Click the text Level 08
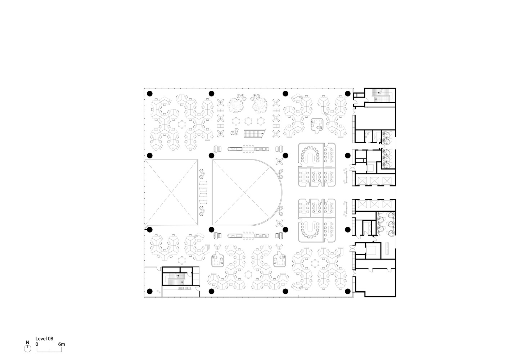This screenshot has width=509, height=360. (44, 339)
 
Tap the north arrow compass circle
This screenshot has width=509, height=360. (27, 348)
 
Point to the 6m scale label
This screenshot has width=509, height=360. (62, 344)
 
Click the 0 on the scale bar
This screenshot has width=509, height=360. (37, 344)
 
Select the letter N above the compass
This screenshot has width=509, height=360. (27, 342)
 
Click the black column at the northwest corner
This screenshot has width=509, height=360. (149, 93)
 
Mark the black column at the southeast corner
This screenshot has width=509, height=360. (348, 291)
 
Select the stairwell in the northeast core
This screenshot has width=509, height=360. (380, 95)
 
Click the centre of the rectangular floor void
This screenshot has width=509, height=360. (171, 192)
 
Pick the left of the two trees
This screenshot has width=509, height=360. (235, 105)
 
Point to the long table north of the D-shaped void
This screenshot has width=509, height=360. (248, 149)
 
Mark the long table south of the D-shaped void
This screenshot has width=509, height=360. (248, 236)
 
